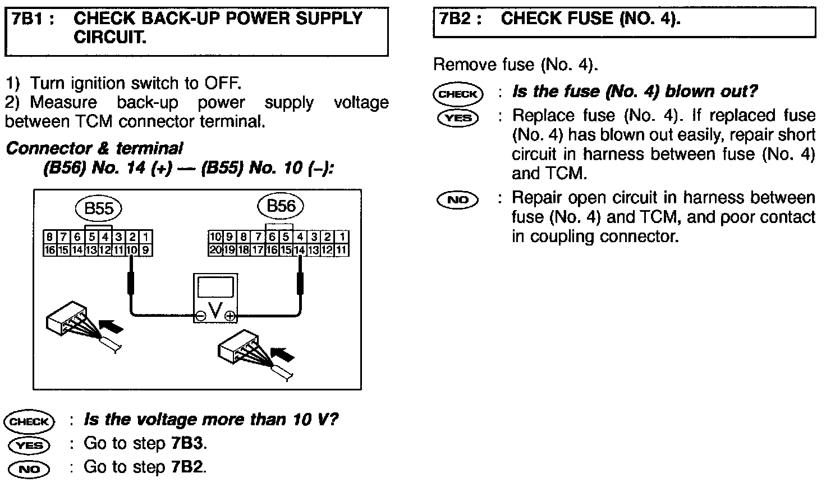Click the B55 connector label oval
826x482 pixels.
coord(99,209)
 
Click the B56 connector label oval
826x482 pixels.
coord(281,206)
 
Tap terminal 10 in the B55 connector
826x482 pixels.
coord(132,251)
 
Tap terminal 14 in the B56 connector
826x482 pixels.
coord(300,251)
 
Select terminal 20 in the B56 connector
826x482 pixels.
coord(215,251)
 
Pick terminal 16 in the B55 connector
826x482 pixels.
coord(49,251)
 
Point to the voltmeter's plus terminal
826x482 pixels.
coord(230,317)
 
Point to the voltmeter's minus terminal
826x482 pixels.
coord(200,317)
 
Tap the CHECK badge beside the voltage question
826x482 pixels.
coord(29,421)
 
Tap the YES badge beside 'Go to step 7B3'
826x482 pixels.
coord(29,445)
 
